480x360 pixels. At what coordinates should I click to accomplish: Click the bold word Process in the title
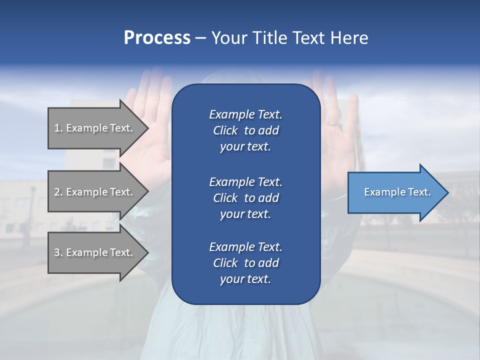(157, 38)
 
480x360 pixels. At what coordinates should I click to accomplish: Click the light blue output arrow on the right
(395, 192)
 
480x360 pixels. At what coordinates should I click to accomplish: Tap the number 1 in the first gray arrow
(57, 128)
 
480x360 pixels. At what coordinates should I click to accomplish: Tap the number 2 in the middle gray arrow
(57, 192)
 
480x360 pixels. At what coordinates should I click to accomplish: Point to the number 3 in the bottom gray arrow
(57, 252)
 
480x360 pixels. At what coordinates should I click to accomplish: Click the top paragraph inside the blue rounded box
(245, 130)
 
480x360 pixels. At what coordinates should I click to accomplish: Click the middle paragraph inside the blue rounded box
(245, 198)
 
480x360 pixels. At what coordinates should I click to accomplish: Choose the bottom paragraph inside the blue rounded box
(245, 263)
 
